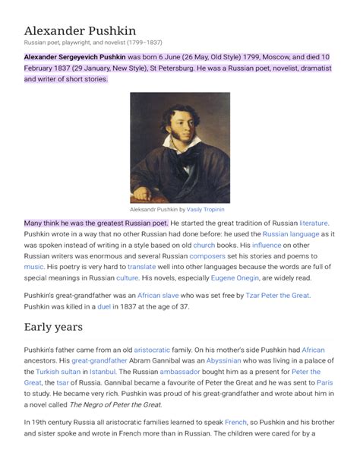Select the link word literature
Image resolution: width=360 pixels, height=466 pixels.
pyautogui.click(x=314, y=223)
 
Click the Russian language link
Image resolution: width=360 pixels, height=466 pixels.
pyautogui.click(x=291, y=234)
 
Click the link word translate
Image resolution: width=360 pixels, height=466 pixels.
pyautogui.click(x=142, y=268)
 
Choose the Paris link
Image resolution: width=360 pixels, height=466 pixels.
pyautogui.click(x=324, y=382)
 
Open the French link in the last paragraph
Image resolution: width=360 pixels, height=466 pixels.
pyautogui.click(x=235, y=421)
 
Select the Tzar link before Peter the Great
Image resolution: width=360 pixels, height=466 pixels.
pyautogui.click(x=254, y=295)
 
